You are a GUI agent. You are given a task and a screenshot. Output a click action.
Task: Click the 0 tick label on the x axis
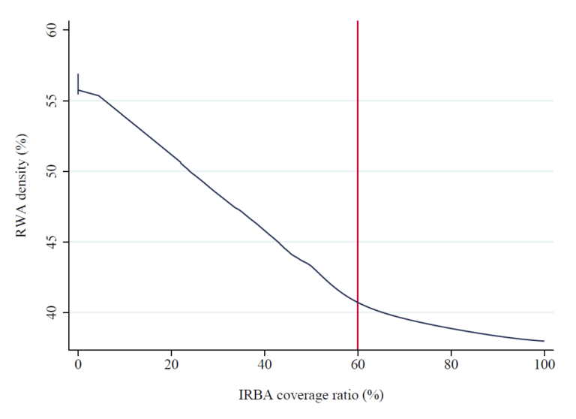pyautogui.click(x=78, y=365)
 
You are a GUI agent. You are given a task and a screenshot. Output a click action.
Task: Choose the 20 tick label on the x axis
pyautogui.click(x=171, y=365)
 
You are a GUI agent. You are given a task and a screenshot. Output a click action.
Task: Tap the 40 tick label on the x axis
pyautogui.click(x=264, y=365)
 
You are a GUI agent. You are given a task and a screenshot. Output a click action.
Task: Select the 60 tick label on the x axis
pyautogui.click(x=358, y=365)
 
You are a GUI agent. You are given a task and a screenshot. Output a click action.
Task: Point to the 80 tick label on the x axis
pyautogui.click(x=451, y=365)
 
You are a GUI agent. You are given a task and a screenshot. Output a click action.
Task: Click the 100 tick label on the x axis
pyautogui.click(x=544, y=365)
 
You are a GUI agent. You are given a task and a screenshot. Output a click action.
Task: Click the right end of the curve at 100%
pyautogui.click(x=543, y=341)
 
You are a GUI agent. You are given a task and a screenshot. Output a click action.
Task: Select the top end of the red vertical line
pyautogui.click(x=358, y=22)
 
